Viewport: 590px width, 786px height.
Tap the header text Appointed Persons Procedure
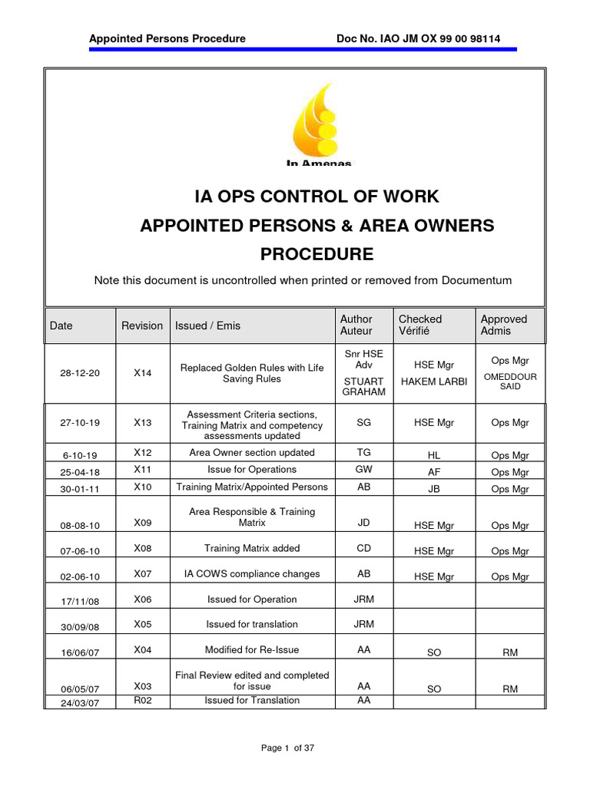pos(167,38)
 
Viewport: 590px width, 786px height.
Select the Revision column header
pos(142,325)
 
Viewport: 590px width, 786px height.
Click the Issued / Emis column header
pos(207,325)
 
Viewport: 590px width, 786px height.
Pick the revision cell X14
pos(143,373)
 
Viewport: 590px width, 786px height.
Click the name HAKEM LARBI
pos(434,381)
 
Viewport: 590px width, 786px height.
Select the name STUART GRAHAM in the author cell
pos(363,387)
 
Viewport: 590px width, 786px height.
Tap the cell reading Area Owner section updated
pos(252,453)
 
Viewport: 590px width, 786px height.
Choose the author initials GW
pos(363,470)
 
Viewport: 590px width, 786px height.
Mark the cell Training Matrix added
pos(252,548)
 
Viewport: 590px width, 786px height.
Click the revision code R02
pos(143,700)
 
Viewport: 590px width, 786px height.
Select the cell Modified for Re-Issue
pos(252,650)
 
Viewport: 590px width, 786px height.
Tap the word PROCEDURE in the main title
pos(317,254)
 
